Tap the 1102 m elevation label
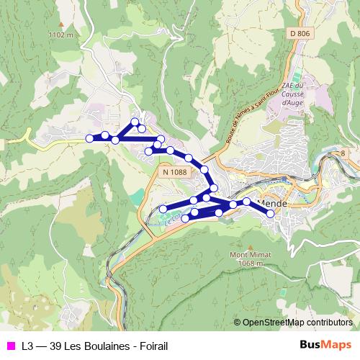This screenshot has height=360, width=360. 60,35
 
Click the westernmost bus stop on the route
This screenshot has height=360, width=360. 89,138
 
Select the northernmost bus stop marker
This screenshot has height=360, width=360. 135,122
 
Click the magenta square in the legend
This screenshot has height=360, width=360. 10,345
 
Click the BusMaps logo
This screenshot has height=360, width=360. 326,344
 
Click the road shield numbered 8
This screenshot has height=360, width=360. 343,153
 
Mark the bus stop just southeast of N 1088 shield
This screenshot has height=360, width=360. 204,171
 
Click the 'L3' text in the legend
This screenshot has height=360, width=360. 28,345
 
